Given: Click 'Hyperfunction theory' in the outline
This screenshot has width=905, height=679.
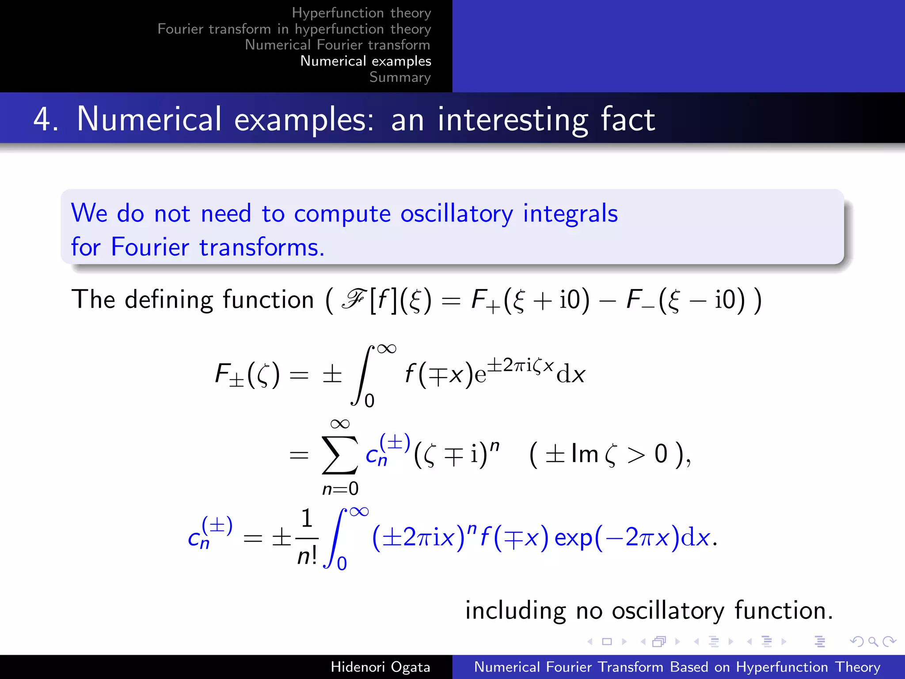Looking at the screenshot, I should pyautogui.click(x=361, y=13).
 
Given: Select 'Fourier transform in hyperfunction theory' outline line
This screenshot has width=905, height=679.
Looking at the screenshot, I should pyautogui.click(x=294, y=29).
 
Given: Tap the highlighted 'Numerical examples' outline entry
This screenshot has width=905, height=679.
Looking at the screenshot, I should pyautogui.click(x=365, y=61).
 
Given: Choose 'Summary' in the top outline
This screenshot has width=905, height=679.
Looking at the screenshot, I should pyautogui.click(x=400, y=77).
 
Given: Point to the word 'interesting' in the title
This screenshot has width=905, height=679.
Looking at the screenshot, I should pyautogui.click(x=513, y=120).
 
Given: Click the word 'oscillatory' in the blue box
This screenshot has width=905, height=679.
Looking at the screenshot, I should pyautogui.click(x=456, y=214).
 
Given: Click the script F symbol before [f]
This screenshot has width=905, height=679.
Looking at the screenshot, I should pyautogui.click(x=353, y=299).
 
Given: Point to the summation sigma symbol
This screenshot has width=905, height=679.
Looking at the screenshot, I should pyautogui.click(x=339, y=454).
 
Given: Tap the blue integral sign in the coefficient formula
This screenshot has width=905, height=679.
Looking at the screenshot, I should pyautogui.click(x=335, y=538).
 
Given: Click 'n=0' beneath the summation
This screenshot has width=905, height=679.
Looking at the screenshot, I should pyautogui.click(x=340, y=488).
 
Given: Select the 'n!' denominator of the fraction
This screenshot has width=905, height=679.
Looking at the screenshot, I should pyautogui.click(x=307, y=556).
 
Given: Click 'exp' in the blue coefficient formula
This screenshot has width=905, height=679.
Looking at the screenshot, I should pyautogui.click(x=573, y=538).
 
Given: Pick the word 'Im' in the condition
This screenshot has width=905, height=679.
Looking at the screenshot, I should pyautogui.click(x=584, y=454).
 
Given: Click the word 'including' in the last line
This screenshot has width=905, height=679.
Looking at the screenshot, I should pyautogui.click(x=515, y=611).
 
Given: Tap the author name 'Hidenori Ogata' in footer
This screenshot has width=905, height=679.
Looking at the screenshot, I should pyautogui.click(x=380, y=667).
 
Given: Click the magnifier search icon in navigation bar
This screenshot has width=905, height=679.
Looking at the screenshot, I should pyautogui.click(x=872, y=641).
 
